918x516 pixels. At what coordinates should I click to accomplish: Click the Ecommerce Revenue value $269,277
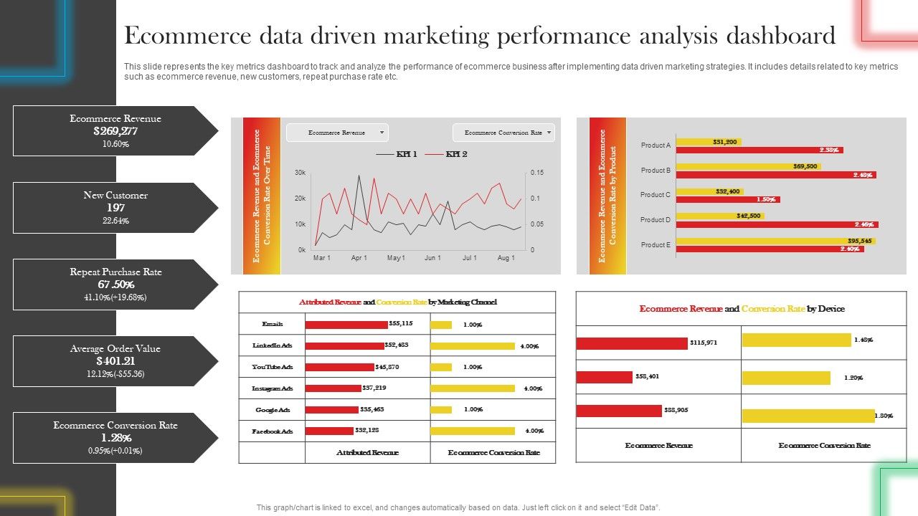[x=115, y=131]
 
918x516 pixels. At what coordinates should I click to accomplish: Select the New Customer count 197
[x=115, y=208]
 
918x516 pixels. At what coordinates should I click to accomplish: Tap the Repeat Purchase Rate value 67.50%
[x=115, y=285]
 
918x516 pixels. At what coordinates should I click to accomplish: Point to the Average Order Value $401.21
[x=115, y=361]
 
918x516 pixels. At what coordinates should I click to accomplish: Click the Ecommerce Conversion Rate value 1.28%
[x=115, y=438]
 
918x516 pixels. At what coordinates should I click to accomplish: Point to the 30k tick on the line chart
[x=300, y=173]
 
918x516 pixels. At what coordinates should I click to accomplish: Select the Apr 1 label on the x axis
[x=359, y=258]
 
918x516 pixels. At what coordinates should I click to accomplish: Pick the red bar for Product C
[x=728, y=200]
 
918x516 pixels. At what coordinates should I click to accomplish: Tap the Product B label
[x=655, y=171]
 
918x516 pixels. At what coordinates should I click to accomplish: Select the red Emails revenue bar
[x=346, y=325]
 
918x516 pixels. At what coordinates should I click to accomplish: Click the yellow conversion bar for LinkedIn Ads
[x=472, y=346]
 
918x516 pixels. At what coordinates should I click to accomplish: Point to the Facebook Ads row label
[x=273, y=431]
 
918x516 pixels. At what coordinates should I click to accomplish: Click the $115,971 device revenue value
[x=704, y=343]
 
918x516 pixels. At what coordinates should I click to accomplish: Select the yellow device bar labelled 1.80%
[x=808, y=416]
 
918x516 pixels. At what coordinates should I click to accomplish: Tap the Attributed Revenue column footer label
[x=367, y=453]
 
